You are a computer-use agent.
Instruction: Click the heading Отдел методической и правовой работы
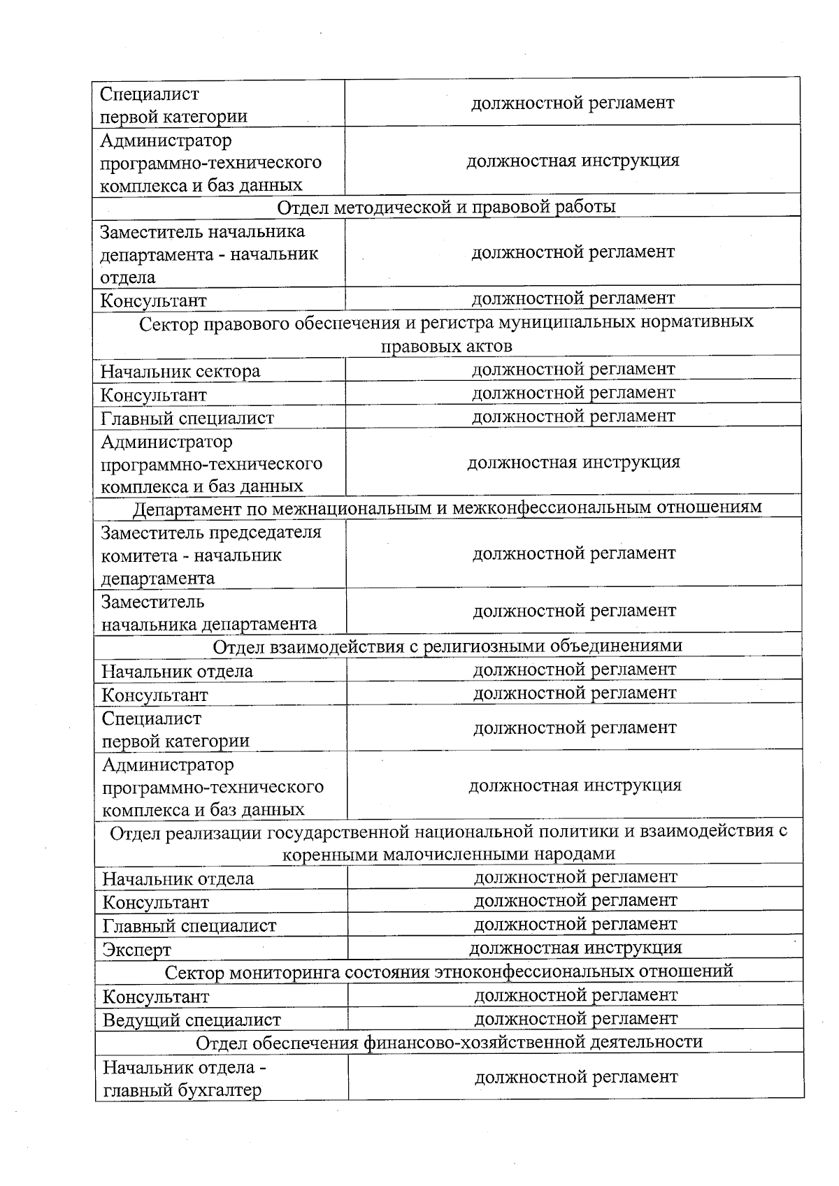[446, 207]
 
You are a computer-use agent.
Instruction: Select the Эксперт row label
[137, 950]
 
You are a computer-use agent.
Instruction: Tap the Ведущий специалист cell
[192, 1020]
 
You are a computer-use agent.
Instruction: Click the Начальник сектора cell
[180, 371]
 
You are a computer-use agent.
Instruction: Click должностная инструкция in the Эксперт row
[575, 948]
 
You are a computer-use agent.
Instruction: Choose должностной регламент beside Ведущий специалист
[575, 1018]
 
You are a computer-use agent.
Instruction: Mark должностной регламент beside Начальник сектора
[573, 369]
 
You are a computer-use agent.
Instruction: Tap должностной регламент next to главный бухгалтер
[575, 1077]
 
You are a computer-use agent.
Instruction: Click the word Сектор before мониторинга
[194, 972]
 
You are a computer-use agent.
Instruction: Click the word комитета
[143, 556]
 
